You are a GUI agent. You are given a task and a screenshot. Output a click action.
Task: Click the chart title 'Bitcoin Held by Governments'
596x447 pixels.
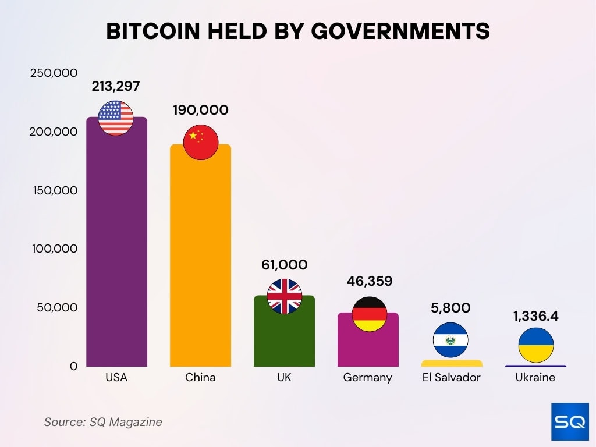297,32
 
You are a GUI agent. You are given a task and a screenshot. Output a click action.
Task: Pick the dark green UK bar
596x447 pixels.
284,340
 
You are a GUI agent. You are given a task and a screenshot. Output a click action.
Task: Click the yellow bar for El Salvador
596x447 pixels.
452,363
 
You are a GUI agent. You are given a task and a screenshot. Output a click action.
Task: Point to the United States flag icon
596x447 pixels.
116,118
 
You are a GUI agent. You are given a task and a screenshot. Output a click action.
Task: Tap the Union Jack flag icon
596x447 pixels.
285,296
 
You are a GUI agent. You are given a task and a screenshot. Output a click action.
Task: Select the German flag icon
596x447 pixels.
369,314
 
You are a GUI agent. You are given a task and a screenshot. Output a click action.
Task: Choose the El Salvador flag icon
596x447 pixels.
450,340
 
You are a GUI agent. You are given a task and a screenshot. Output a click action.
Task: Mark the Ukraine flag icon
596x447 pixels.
535,345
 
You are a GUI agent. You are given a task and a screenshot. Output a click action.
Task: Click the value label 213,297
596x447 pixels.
116,86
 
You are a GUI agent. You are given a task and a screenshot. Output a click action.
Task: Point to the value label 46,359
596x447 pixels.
369,281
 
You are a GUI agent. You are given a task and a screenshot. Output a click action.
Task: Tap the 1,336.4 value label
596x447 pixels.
535,316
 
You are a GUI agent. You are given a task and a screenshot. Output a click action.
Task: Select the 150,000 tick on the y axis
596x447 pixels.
54,190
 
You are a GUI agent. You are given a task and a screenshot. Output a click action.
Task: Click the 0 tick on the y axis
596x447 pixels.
73,366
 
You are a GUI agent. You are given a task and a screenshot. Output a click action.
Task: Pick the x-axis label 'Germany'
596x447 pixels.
367,378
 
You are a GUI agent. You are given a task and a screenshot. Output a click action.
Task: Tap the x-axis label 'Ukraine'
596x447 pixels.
535,378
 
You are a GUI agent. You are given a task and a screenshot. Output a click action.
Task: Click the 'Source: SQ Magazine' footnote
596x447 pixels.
103,422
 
